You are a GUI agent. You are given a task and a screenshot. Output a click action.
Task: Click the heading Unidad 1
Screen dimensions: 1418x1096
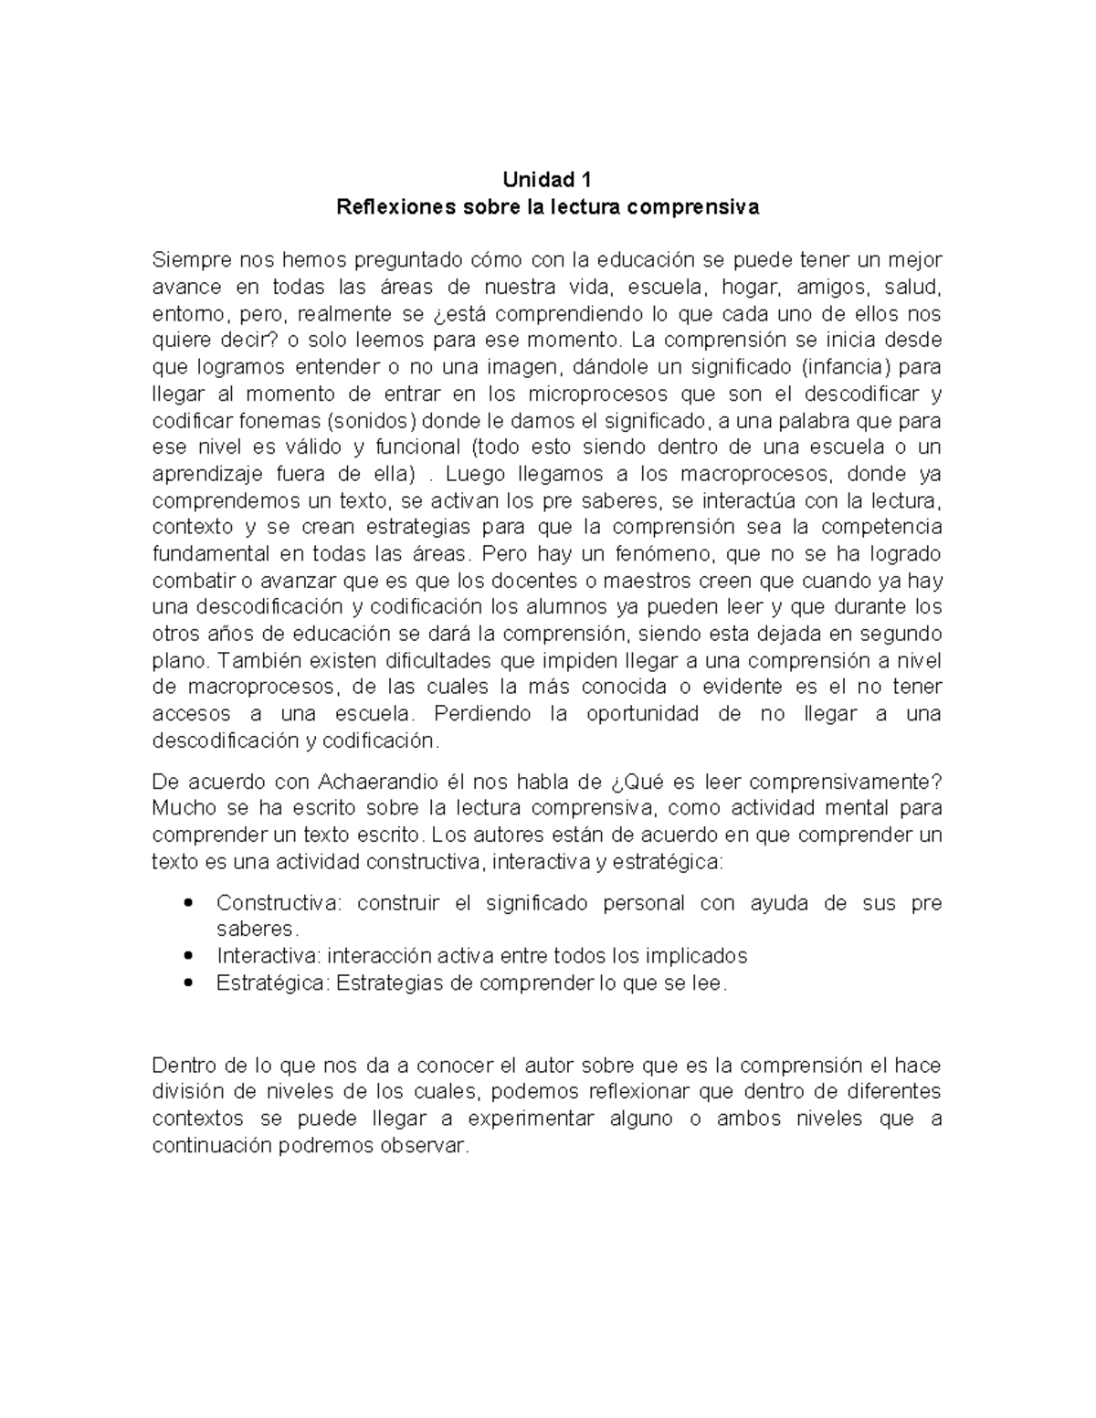pos(547,180)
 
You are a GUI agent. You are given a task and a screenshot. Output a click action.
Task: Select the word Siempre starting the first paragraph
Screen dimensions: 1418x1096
pos(187,260)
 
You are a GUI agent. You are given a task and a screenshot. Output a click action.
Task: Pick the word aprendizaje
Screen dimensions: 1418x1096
pos(205,475)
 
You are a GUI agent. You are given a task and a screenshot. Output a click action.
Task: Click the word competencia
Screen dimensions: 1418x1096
pos(880,528)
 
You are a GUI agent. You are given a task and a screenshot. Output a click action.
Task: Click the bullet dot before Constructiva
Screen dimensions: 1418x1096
pos(188,903)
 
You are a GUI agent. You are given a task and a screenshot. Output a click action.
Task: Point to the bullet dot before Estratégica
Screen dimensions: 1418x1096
pos(188,983)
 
